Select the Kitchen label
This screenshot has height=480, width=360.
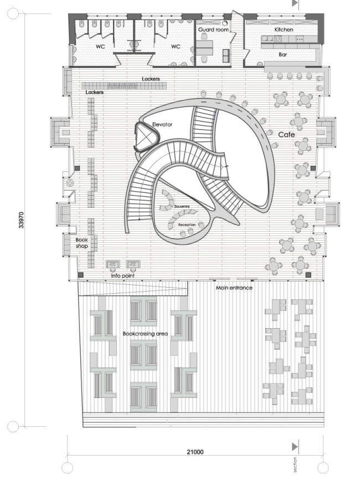point(284,29)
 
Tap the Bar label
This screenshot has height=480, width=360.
point(282,55)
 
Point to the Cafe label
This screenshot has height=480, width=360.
point(286,135)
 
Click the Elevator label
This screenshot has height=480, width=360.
point(162,125)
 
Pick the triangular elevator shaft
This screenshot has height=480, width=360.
point(143,137)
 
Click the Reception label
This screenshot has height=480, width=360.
point(187,224)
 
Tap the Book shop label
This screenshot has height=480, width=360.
point(82,243)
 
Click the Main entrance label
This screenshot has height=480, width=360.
point(234,288)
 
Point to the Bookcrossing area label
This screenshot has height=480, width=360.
point(145,334)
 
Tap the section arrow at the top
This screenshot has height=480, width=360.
point(295,3)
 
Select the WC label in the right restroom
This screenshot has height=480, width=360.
point(176,47)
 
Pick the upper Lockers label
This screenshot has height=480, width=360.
point(151,79)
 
